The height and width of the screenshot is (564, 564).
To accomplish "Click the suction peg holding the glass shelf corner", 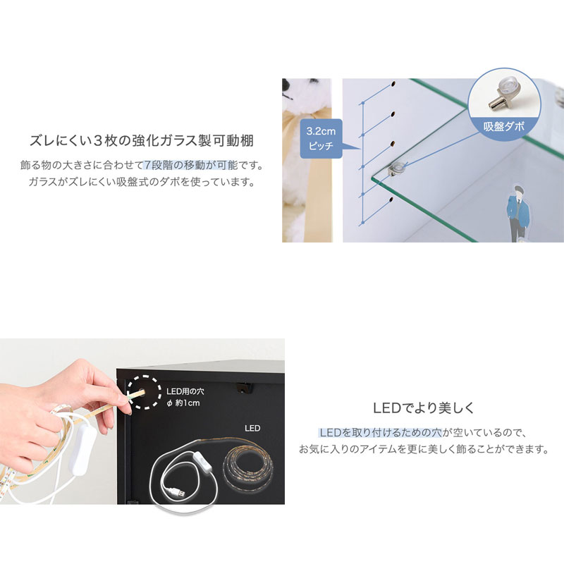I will pyautogui.click(x=398, y=167).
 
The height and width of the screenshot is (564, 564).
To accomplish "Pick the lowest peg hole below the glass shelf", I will pyautogui.click(x=389, y=202).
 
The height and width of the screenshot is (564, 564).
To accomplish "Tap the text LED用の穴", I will pyautogui.click(x=185, y=391).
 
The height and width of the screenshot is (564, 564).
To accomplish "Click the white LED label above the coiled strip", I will pyautogui.click(x=252, y=428).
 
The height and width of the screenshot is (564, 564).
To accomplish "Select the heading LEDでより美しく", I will pyautogui.click(x=424, y=408).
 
